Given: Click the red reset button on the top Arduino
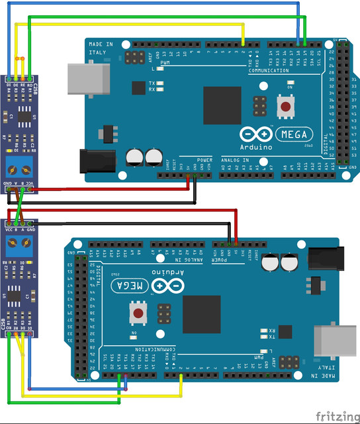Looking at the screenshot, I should pos(286,106).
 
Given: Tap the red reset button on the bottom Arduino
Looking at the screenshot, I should pos(138,313).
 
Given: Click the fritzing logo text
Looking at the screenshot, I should pos(337,416).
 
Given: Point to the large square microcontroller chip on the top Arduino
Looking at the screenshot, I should pos(222,105).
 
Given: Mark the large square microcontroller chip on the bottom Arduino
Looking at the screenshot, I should pos(201,314).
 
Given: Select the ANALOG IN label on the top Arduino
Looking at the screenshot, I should pos(235,160).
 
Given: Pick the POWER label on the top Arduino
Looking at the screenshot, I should pos(205,160).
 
